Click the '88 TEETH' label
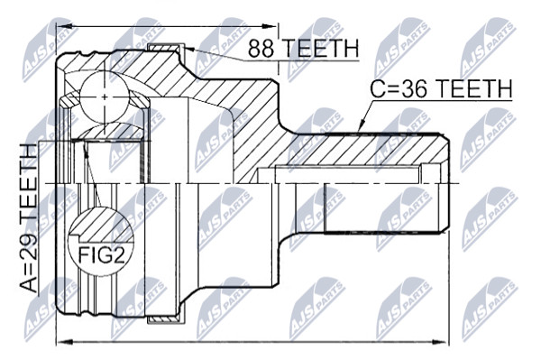(304, 49)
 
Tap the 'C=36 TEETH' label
(441, 88)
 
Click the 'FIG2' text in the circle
(101, 255)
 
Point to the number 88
(261, 49)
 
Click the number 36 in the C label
(415, 88)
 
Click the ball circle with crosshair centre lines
(104, 97)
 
